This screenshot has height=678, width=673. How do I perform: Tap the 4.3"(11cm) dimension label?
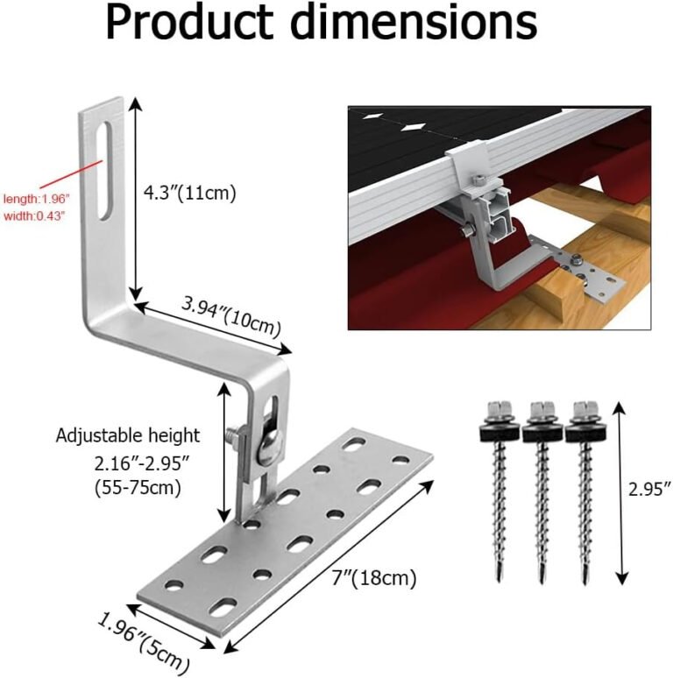tap(190, 192)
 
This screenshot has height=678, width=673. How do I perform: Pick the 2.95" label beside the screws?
tap(648, 486)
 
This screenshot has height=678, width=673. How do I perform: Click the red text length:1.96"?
tap(36, 199)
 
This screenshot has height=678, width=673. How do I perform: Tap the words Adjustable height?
tap(128, 435)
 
